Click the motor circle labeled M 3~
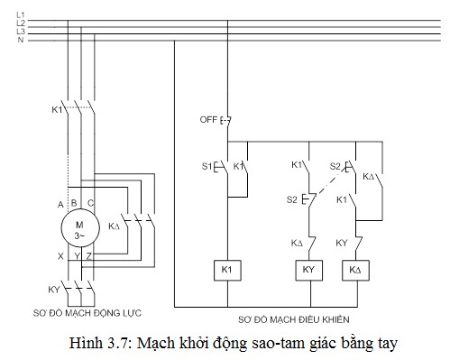coord(79,228)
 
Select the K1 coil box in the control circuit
coord(226,270)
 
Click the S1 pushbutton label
coord(206,167)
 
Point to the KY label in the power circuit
coord(52,290)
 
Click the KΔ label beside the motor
coord(115,226)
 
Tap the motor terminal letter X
coord(60,256)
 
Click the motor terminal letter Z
coord(88,256)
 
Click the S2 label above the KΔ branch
coord(335,166)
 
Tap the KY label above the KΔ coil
coord(343,243)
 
